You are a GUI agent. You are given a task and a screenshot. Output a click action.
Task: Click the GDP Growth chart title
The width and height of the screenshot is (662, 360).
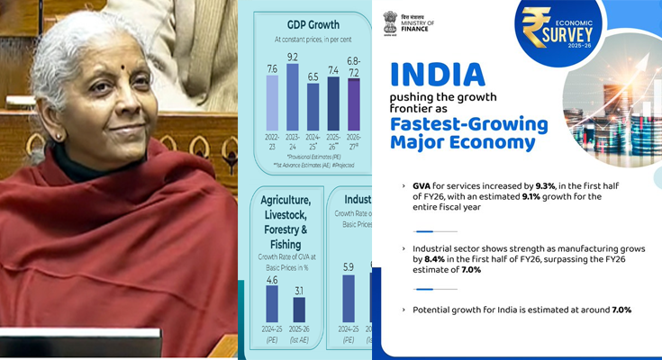tap(306, 23)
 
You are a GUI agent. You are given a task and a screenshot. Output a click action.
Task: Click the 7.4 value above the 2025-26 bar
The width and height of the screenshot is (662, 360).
tap(334, 69)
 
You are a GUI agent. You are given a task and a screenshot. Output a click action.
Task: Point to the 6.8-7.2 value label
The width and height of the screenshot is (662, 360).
tap(354, 66)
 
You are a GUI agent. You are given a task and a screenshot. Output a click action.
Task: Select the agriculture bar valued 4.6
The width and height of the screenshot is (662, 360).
tap(272, 309)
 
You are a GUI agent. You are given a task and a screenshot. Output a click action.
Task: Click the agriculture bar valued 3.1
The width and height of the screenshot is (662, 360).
tap(299, 316)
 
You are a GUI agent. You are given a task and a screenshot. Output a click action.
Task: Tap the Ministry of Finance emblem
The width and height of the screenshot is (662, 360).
tap(389, 22)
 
